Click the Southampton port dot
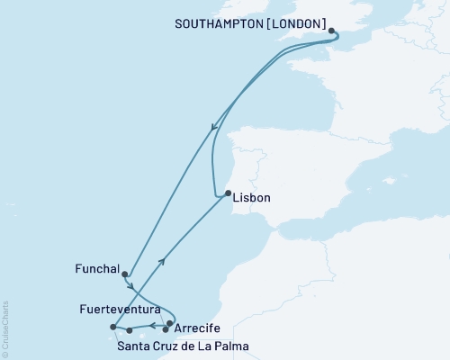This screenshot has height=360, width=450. pos(332,31)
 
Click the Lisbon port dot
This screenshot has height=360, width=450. pos(228,193)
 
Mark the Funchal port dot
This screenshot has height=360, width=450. pos(125,274)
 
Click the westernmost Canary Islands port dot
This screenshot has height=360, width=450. pos(112,327)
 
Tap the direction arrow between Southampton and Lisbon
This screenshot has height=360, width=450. pos(212,128)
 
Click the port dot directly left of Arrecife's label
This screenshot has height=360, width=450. pos(170,323)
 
